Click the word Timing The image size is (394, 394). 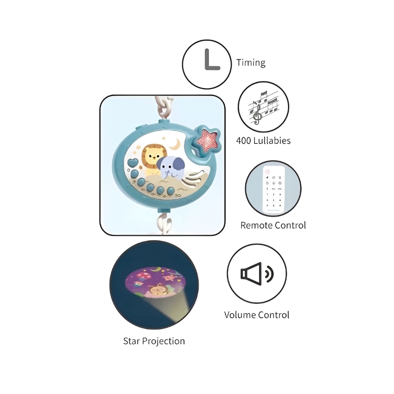click(251, 63)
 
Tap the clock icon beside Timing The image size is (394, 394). click(212, 60)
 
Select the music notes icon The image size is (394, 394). click(263, 107)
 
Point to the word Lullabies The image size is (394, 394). click(272, 140)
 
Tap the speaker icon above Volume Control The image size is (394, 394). click(257, 274)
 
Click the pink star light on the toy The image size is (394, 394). click(207, 140)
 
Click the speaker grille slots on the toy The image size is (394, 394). click(194, 178)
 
